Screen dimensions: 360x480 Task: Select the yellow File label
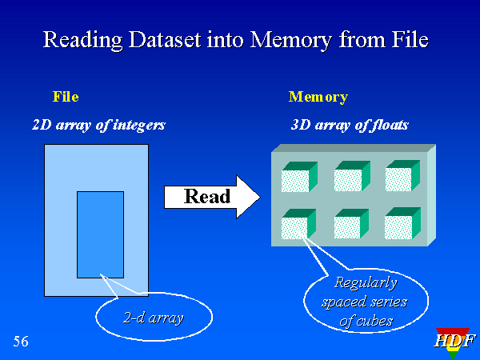(x=66, y=97)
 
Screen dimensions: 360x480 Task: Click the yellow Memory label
(x=318, y=97)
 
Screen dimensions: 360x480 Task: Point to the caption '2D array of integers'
(x=98, y=125)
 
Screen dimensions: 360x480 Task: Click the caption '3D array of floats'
(x=350, y=125)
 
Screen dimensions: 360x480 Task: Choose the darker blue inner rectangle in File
(x=100, y=234)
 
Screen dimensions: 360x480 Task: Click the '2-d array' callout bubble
(x=154, y=318)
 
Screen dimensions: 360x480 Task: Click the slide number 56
(x=21, y=342)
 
